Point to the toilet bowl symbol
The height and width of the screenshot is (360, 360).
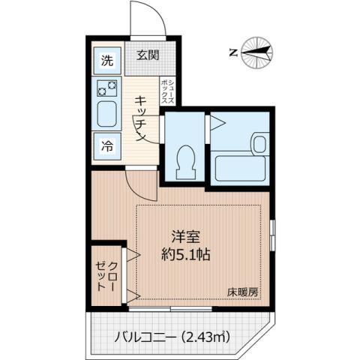pos(184,155)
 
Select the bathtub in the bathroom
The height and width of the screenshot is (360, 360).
pos(240,166)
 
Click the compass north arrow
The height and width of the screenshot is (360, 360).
pos(259,52)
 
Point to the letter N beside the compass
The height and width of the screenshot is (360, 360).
pos(233,52)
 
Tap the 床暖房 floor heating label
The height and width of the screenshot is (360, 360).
pos(245,292)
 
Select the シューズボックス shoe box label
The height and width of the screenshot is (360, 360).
pos(171,92)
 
